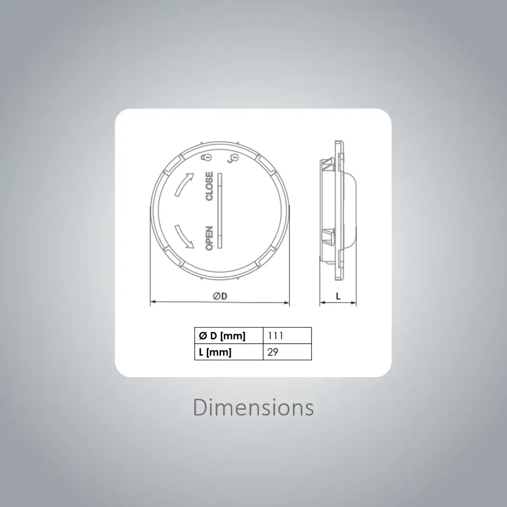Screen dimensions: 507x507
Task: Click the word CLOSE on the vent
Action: (x=210, y=186)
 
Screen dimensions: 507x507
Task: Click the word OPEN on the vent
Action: (x=210, y=238)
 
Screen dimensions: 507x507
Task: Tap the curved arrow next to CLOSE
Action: (x=184, y=184)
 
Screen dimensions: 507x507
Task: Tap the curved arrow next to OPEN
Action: (x=184, y=237)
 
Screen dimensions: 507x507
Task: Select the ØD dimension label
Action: (x=220, y=296)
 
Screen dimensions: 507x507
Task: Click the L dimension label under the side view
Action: (x=338, y=296)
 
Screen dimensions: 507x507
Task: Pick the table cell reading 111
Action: (x=288, y=336)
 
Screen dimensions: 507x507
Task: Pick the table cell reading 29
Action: (x=288, y=352)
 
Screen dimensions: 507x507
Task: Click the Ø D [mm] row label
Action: (x=222, y=336)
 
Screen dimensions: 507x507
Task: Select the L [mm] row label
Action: (x=215, y=352)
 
